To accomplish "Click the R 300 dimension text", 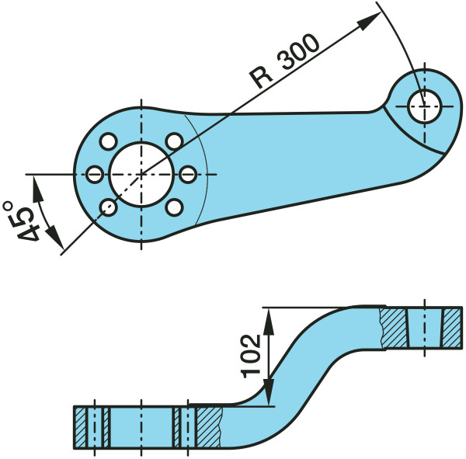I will [283, 63].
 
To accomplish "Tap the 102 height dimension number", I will [250, 356].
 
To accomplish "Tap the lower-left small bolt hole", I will [108, 207].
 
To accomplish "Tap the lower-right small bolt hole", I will [175, 207].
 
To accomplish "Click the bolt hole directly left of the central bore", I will [94, 174].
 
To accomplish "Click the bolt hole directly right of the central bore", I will [189, 174].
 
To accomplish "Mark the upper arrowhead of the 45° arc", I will [34, 182].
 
